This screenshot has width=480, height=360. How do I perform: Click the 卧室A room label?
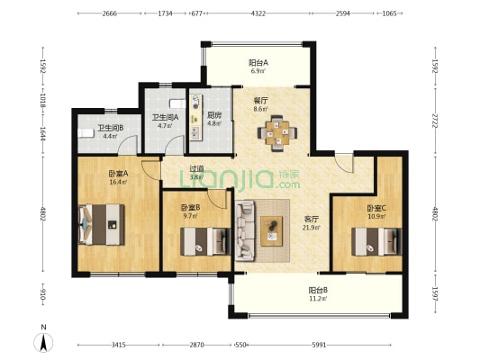pos(118,174)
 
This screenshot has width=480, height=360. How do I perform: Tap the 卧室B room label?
pos(190,208)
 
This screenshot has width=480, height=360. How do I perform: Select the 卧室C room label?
pos(376,208)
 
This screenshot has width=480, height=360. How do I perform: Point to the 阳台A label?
pos(258,63)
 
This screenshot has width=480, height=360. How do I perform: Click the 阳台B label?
pos(318,290)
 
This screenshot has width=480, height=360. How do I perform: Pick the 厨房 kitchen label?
pos(214,115)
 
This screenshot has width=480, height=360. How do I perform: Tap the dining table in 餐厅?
pos(277,133)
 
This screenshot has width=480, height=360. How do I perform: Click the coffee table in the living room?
pos(272,231)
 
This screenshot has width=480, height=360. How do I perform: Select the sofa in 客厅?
pos(245,230)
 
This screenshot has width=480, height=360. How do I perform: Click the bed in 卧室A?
pos(102,224)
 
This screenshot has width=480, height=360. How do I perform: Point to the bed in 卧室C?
pos(376,241)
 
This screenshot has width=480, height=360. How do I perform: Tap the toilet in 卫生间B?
pos(86,133)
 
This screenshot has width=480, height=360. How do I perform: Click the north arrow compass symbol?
pos(43,343)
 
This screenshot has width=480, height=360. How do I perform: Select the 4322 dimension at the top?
pos(258,13)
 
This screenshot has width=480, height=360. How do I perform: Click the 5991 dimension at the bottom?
pos(319,345)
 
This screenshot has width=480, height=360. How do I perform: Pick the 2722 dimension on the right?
pos(435,121)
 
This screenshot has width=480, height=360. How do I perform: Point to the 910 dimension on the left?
pos(43,294)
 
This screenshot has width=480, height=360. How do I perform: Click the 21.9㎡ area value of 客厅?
pos(312,228)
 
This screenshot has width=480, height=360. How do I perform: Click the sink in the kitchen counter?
pos(195,131)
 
